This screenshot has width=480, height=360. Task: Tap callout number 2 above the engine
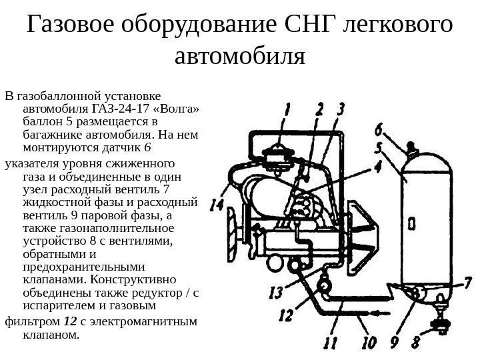[x=319, y=110]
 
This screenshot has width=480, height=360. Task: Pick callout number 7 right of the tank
[x=467, y=283]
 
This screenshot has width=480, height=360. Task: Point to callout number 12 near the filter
[x=285, y=313]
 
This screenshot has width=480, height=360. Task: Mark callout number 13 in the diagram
[x=275, y=292]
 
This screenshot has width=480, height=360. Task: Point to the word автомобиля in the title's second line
[x=239, y=58]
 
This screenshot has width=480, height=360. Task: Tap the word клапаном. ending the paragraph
[x=51, y=336]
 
